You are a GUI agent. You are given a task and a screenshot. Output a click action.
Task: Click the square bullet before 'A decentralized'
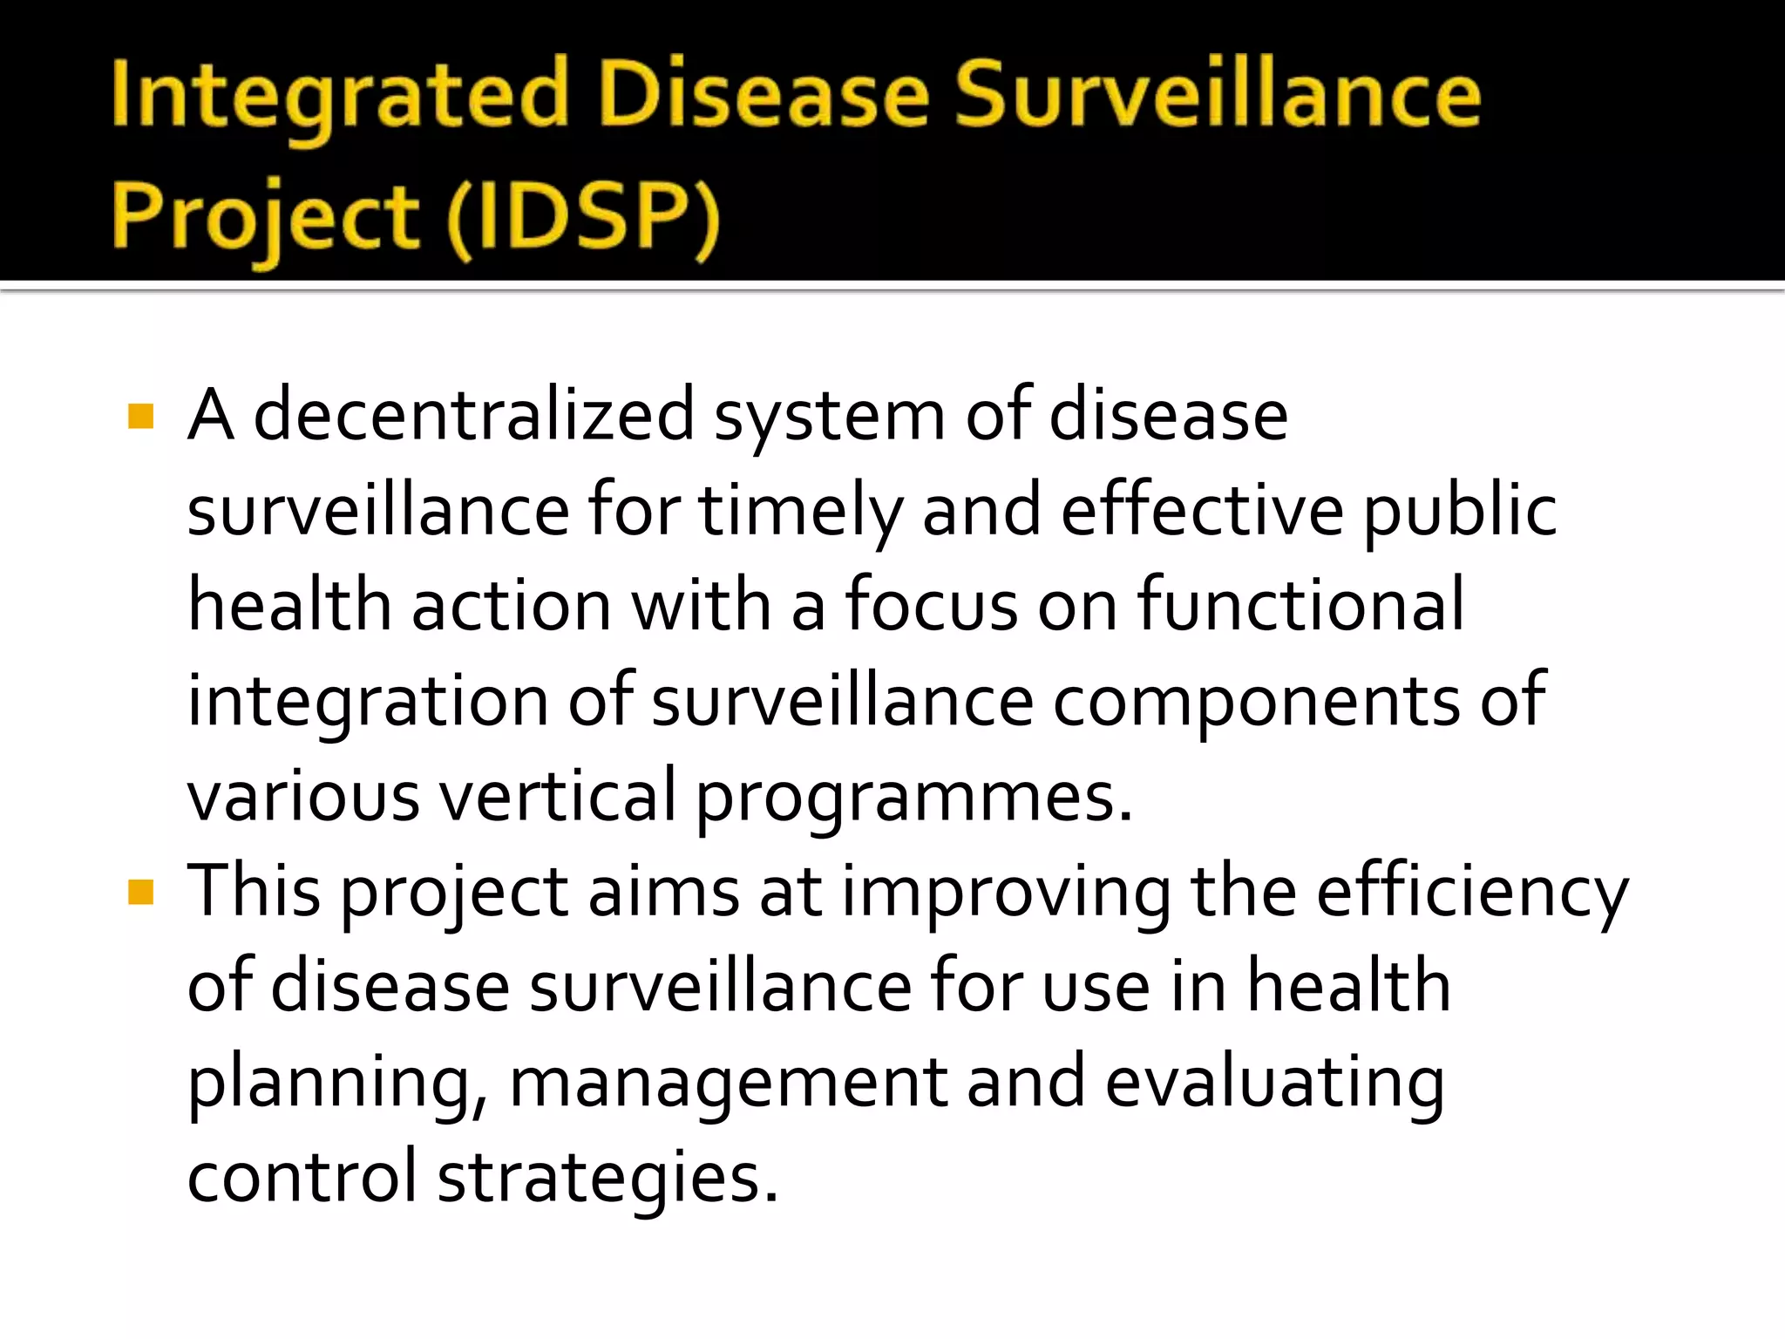(140, 416)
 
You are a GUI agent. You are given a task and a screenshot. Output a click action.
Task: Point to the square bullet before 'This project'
(140, 892)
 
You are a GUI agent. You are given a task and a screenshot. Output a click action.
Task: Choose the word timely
(799, 512)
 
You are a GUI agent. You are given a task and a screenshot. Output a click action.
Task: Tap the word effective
(1202, 510)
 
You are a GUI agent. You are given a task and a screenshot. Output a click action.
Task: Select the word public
(1460, 512)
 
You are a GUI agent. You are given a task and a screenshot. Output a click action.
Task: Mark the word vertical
(557, 795)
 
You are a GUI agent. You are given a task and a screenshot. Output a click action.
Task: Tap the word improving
(1006, 894)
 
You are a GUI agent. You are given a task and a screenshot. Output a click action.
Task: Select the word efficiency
(1472, 894)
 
